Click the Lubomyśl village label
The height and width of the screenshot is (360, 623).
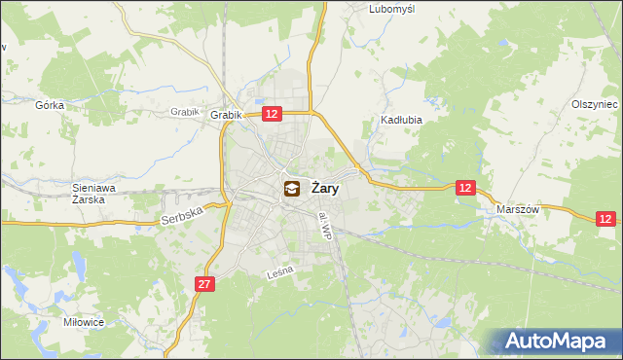click(392, 9)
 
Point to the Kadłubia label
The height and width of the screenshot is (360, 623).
click(398, 122)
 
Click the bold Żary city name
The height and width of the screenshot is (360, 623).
click(324, 189)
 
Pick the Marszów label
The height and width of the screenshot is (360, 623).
click(518, 209)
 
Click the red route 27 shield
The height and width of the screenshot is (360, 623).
click(202, 284)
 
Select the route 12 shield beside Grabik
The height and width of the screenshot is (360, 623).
click(272, 115)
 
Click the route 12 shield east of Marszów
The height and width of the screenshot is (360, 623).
click(607, 220)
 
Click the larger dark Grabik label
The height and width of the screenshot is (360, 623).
click(225, 115)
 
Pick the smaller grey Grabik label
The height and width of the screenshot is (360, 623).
click(184, 112)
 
